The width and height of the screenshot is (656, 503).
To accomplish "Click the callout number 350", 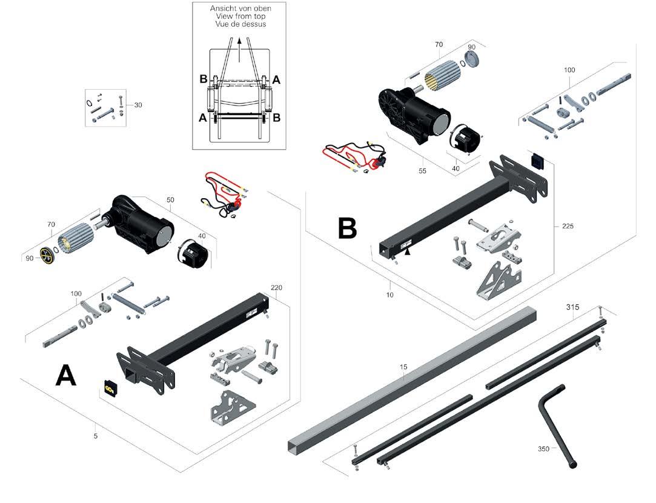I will tap(543, 449).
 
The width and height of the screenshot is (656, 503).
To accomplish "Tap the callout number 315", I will tap(573, 307).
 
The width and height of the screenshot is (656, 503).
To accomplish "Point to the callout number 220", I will tap(277, 287).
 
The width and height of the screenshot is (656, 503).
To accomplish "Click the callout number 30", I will tap(138, 105).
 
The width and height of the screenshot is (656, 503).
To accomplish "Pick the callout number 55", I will tap(422, 171).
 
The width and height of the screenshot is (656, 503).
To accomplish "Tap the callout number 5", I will tap(96, 435).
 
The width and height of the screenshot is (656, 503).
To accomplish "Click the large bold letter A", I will tap(65, 376).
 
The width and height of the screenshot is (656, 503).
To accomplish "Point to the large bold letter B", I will tap(347, 228).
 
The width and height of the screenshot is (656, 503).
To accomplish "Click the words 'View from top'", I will tap(240, 16).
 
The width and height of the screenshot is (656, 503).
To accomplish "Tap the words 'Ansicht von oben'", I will tap(240, 8).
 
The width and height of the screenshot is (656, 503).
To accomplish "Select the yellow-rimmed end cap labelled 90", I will tap(47, 256).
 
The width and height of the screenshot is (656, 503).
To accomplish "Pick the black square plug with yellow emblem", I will tap(110, 388).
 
